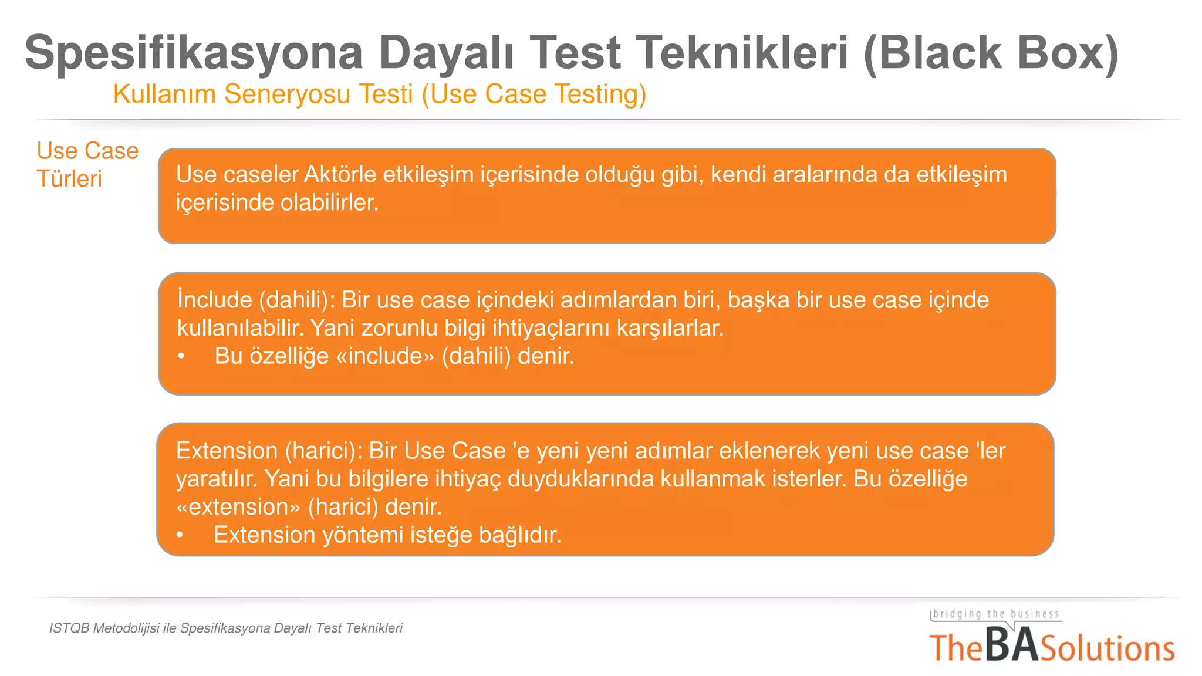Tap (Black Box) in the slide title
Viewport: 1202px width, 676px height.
point(991,53)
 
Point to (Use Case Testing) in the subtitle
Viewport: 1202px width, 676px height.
point(534,94)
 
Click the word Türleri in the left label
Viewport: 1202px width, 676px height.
point(69,179)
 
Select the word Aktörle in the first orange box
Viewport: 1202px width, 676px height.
point(339,175)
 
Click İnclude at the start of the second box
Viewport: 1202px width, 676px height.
point(214,300)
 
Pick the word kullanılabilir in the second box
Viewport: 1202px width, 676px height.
point(240,328)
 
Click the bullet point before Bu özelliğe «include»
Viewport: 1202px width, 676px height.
point(181,356)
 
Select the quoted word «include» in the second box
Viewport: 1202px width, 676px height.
point(385,356)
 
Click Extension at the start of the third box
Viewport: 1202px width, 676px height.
point(227,451)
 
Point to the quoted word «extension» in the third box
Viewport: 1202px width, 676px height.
point(238,507)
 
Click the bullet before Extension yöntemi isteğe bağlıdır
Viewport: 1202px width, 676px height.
point(180,535)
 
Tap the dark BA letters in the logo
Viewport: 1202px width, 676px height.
point(1011,645)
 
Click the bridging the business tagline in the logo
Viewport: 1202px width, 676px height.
point(996,614)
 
